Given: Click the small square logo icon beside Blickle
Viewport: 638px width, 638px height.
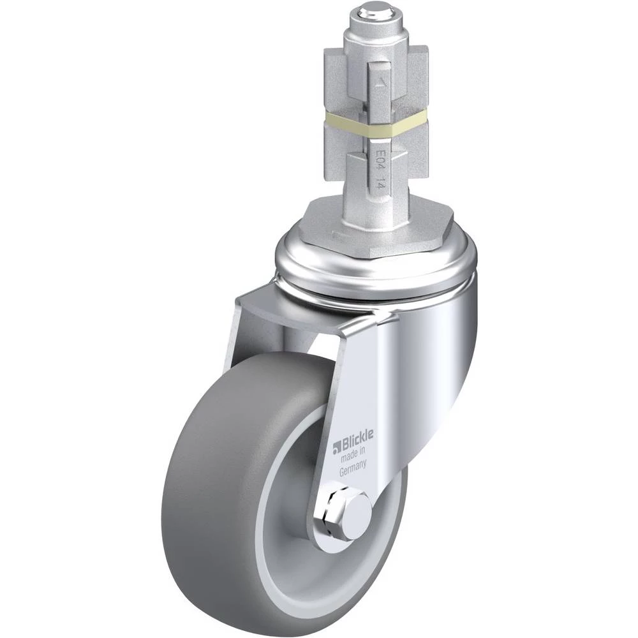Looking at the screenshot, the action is (x=336, y=448).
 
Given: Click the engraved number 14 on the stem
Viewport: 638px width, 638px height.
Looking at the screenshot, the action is (x=379, y=182).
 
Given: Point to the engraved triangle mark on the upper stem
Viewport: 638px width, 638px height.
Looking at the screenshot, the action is (x=380, y=84).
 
